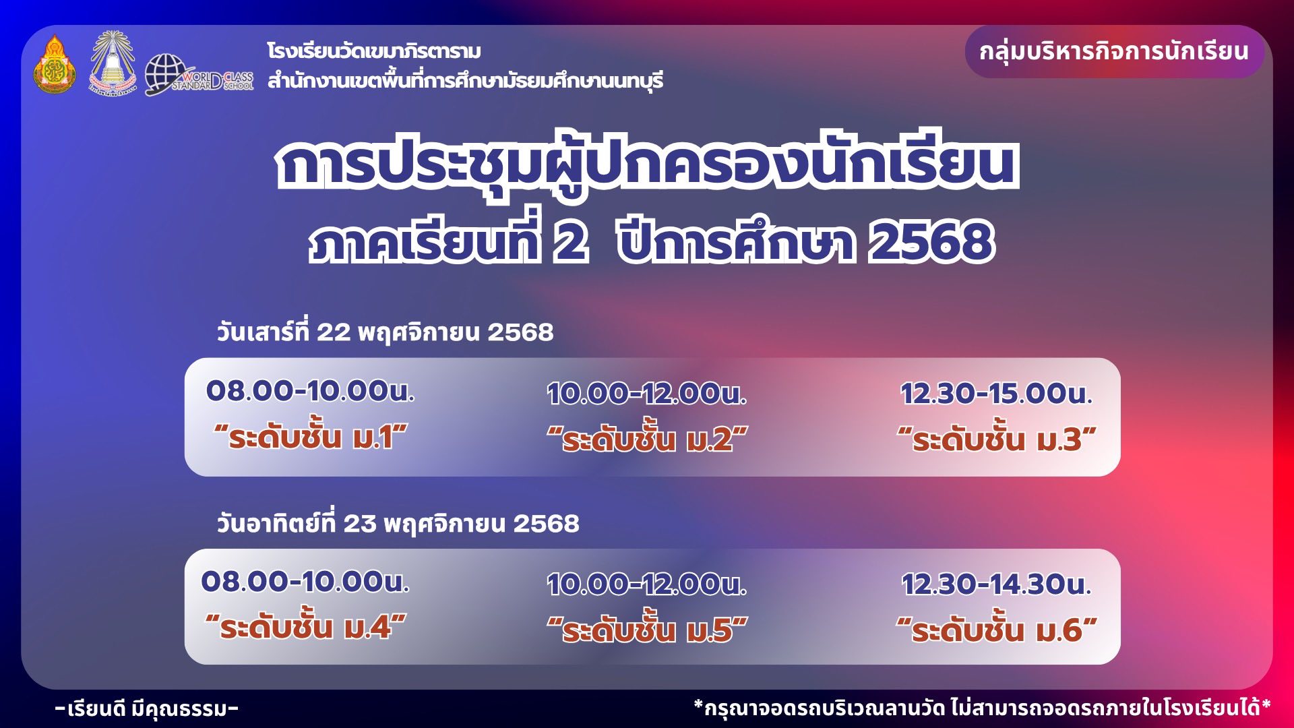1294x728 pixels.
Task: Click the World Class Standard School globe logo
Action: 199,74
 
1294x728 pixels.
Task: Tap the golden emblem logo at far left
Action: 55,64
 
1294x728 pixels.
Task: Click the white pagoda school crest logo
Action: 113,63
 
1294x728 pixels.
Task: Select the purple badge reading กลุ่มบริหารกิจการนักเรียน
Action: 1114,52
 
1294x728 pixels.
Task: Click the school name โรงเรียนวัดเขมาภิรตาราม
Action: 374,51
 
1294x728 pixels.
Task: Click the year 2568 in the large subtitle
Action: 931,242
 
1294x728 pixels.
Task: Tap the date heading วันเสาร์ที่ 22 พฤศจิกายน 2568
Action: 385,332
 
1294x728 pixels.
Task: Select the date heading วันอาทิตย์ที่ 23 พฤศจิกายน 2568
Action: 398,523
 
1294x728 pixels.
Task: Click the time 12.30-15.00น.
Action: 996,394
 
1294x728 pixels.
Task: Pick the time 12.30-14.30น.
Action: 996,584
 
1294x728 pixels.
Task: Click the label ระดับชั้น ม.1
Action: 311,437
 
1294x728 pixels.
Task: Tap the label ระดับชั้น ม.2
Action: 647,439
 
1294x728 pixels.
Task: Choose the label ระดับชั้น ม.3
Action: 997,439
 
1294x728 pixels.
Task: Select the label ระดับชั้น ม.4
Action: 306,628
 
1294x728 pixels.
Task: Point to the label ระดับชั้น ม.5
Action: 647,630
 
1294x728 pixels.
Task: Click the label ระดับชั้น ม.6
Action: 997,630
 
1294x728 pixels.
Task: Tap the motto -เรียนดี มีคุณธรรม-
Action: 147,708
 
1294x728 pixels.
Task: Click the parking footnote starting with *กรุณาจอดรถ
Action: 983,708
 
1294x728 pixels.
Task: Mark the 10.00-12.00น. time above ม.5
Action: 647,584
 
